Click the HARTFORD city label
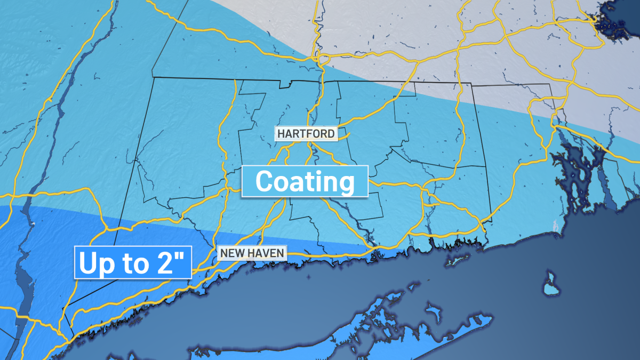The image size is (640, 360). click(306, 133)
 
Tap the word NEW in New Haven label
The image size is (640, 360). click(233, 253)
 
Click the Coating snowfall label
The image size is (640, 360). click(305, 181)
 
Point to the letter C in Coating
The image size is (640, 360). click(265, 181)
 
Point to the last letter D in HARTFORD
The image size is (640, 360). click(332, 133)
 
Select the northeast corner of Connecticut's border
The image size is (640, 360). click(471, 83)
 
